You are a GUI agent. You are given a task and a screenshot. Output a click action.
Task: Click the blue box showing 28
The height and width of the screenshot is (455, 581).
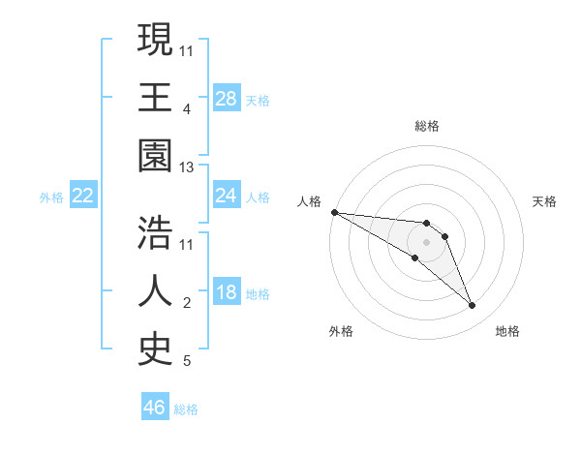pyautogui.click(x=227, y=99)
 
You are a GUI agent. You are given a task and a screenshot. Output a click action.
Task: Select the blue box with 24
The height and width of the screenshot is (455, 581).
pyautogui.click(x=227, y=196)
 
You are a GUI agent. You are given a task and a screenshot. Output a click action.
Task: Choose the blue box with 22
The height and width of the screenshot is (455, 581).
pyautogui.click(x=83, y=196)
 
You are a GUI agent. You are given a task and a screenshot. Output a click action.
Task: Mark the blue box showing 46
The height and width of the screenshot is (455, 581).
pyautogui.click(x=155, y=408)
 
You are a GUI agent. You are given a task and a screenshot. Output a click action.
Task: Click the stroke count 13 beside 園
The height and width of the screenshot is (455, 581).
pyautogui.click(x=187, y=167)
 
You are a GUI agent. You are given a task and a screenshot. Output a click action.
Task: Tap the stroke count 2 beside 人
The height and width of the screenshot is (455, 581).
pyautogui.click(x=187, y=304)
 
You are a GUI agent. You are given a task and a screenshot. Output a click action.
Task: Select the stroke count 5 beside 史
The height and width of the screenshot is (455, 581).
pyautogui.click(x=187, y=362)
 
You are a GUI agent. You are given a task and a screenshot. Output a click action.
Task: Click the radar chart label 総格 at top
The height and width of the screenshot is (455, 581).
pyautogui.click(x=427, y=126)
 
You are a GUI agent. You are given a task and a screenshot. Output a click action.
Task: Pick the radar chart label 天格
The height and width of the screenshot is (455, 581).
pyautogui.click(x=544, y=201)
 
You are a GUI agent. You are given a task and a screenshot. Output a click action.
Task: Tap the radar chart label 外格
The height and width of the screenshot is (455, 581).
pyautogui.click(x=341, y=331)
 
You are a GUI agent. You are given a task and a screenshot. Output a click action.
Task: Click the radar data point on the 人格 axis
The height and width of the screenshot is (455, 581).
pyautogui.click(x=334, y=212)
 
